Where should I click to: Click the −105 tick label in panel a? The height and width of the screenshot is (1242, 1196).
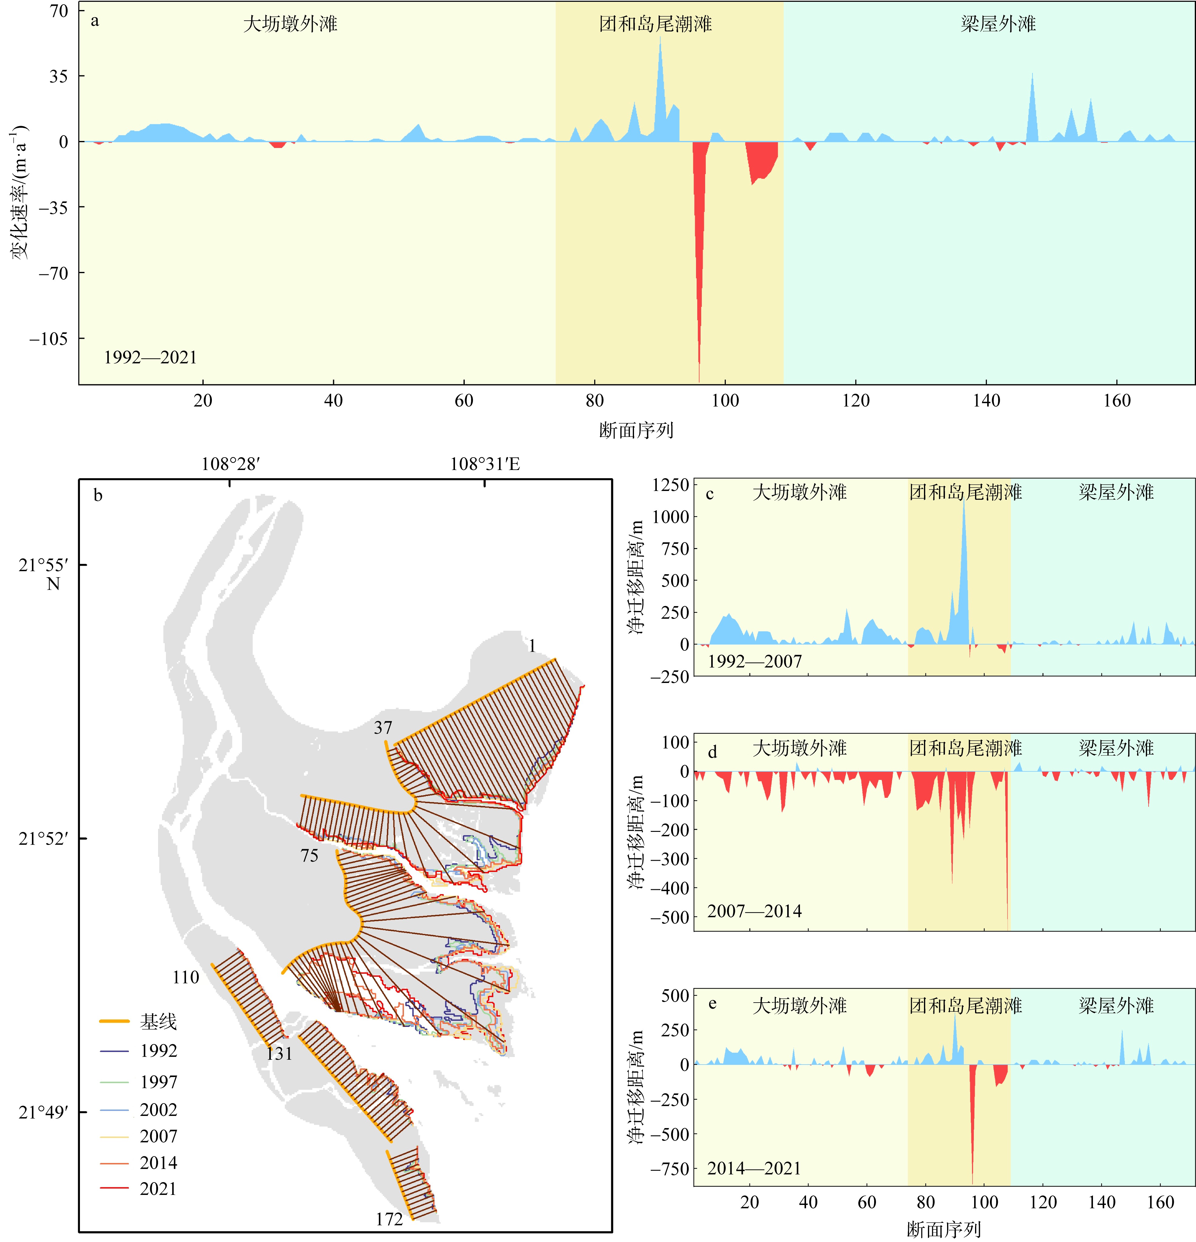click(x=48, y=339)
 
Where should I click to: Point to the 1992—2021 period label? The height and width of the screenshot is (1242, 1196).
click(x=150, y=357)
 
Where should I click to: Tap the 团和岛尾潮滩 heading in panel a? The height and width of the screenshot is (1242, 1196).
click(x=655, y=24)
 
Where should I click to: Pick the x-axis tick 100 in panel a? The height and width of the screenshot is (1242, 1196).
click(x=725, y=400)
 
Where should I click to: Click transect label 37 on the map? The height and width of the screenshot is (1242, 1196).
click(x=383, y=727)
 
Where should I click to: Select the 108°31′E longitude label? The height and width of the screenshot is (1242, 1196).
click(x=485, y=465)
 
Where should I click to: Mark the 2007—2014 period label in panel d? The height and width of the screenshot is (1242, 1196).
click(x=754, y=911)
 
